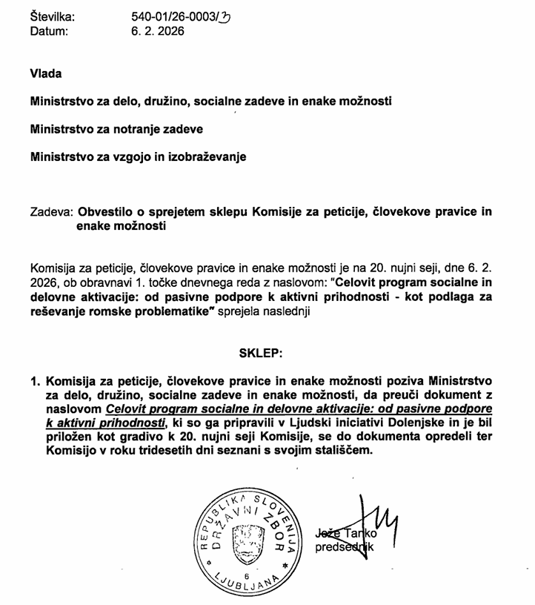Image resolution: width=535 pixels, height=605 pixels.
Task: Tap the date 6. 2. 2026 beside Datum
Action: tap(156, 31)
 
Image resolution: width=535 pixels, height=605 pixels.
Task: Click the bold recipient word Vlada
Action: tap(46, 73)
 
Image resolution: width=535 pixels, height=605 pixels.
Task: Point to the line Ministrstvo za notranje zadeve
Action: tap(116, 129)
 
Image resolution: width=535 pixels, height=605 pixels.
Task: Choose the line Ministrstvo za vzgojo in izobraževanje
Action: tap(138, 157)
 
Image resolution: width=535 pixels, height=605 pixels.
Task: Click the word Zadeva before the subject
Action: tap(51, 212)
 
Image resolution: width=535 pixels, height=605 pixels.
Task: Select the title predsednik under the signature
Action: tap(347, 548)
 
